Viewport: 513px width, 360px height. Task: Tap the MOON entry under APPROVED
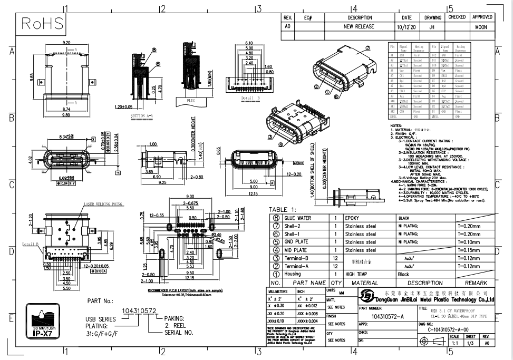tap(481, 26)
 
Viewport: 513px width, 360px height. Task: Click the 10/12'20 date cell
tap(403, 26)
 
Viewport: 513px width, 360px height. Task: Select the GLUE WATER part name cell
tap(305, 218)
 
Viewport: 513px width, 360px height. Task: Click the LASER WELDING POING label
tap(102, 204)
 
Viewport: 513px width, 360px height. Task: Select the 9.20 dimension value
tap(67, 42)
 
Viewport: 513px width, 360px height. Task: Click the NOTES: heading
tap(396, 125)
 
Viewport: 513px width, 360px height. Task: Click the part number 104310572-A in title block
tap(388, 316)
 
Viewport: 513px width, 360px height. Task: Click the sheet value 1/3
tap(471, 343)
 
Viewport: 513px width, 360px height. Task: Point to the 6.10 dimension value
tap(249, 43)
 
